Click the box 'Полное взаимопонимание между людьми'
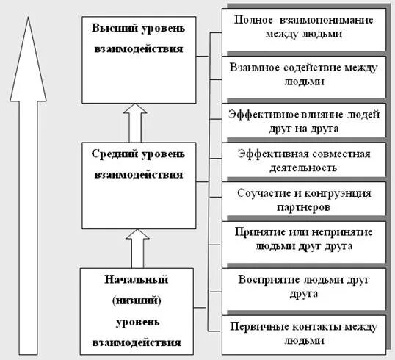click(x=304, y=26)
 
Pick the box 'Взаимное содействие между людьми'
click(x=304, y=75)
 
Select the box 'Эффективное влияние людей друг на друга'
click(x=304, y=120)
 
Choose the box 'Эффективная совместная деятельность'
click(x=304, y=160)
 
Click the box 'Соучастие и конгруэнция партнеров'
click(x=304, y=200)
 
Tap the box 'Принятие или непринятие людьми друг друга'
click(x=304, y=239)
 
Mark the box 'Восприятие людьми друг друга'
click(x=304, y=287)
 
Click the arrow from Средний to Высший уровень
click(x=134, y=123)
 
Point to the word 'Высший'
click(x=109, y=29)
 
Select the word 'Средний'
click(x=112, y=154)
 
